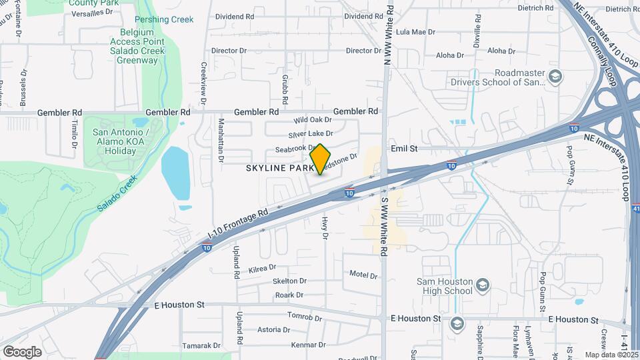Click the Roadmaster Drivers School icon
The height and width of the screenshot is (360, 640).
[x=555, y=77]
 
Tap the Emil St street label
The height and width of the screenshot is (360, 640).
[x=404, y=149]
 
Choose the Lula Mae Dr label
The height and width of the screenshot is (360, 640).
[x=415, y=31]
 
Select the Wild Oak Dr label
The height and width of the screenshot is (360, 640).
[x=313, y=120]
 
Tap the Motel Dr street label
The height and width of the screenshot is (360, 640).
[x=363, y=275]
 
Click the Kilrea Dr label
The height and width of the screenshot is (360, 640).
[x=262, y=267]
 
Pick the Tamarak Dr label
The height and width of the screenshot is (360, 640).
[x=203, y=345]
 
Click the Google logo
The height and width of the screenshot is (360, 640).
[x=22, y=351]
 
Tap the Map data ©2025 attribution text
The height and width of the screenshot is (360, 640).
[x=610, y=355]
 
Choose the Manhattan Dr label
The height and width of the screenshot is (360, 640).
[x=221, y=140]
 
